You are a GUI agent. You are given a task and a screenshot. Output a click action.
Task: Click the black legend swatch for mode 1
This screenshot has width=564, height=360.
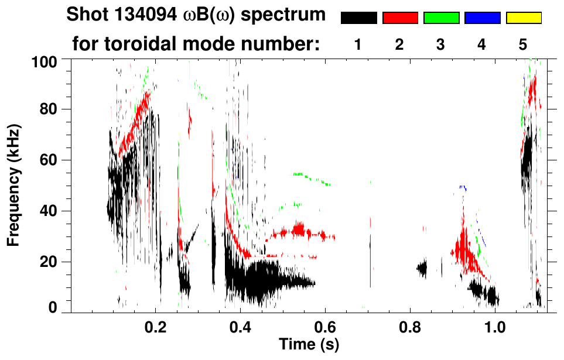tap(358, 18)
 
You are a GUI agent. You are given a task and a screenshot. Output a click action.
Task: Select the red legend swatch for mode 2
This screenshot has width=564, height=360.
tap(400, 18)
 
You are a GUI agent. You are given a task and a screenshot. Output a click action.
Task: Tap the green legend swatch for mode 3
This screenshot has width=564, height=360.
tap(441, 18)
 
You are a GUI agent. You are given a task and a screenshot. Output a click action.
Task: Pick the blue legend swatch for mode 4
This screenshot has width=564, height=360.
tap(482, 18)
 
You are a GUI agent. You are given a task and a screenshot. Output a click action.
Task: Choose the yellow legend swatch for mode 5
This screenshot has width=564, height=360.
tap(524, 18)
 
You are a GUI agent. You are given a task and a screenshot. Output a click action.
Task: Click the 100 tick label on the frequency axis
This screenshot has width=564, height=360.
tap(46, 60)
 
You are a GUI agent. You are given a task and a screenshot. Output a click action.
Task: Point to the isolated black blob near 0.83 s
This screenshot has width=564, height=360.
tap(422, 269)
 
